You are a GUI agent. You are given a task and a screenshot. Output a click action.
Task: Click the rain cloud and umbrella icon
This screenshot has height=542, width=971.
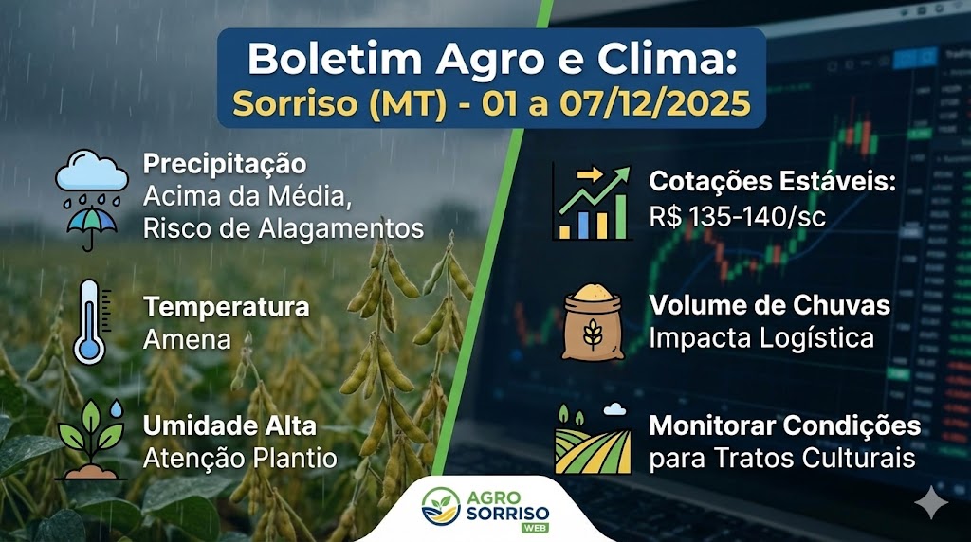92,196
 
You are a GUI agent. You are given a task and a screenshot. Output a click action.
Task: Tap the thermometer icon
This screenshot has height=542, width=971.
90,322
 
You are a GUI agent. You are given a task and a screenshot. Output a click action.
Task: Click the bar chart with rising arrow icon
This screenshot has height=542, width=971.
591,201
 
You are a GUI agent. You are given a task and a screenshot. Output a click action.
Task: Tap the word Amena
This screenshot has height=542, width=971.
187,338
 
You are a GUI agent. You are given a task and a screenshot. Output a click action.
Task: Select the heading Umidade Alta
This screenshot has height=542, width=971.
229,425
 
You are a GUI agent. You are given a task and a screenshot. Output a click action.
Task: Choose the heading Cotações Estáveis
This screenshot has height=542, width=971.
772,181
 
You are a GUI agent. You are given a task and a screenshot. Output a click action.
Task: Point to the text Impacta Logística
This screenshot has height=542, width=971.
761,338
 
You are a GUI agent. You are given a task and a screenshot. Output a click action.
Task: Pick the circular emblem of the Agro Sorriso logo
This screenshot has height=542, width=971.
440,509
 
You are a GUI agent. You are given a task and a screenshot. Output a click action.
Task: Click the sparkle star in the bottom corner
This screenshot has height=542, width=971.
932,505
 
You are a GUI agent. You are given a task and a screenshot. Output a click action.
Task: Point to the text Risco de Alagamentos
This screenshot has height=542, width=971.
283,228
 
